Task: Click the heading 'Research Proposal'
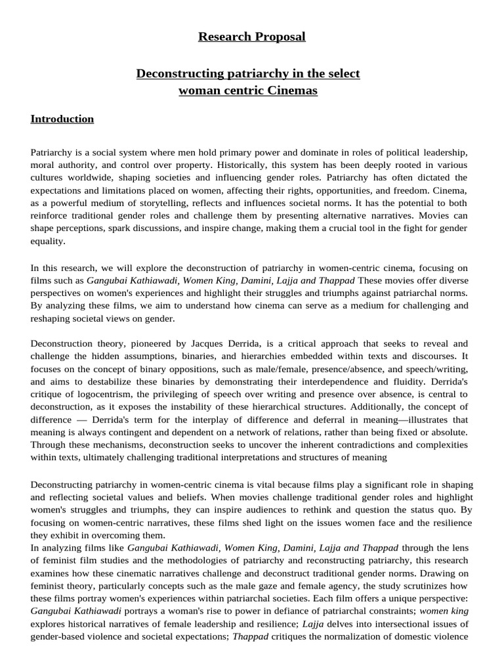(x=252, y=37)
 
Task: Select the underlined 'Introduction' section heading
(x=62, y=119)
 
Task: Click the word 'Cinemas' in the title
(x=292, y=91)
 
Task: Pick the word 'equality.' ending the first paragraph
(x=49, y=241)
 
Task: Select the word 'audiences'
(x=283, y=509)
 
